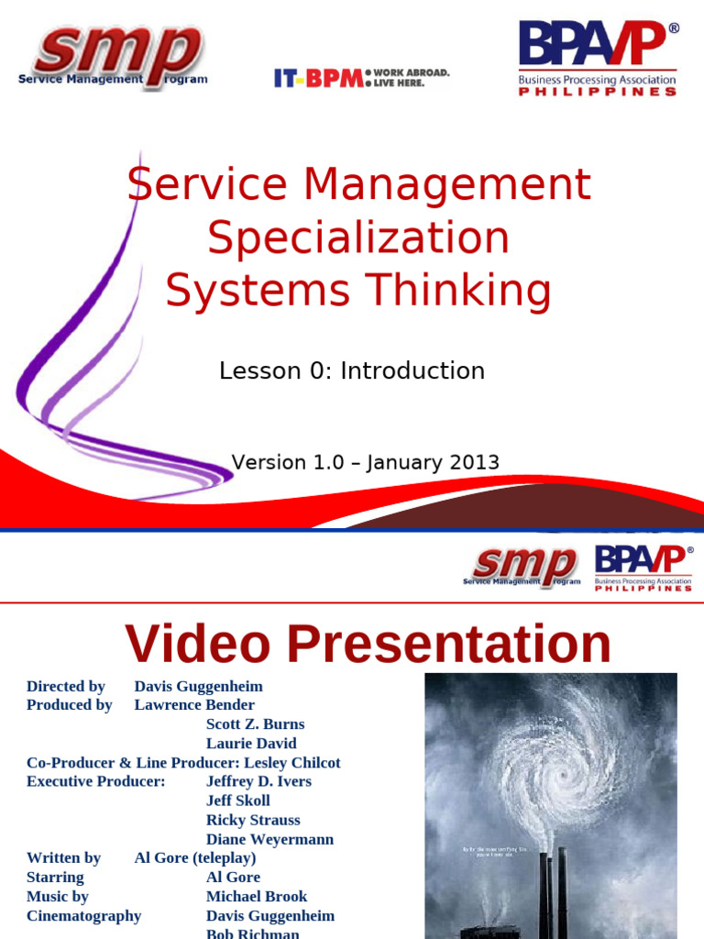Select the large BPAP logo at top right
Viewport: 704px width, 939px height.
click(x=598, y=58)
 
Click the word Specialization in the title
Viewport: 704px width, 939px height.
click(x=358, y=238)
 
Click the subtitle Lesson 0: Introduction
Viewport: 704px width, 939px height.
click(x=352, y=370)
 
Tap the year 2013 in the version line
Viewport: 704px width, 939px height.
click(x=473, y=462)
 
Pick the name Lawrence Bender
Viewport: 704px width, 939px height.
click(x=194, y=704)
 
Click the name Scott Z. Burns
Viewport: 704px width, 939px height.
click(x=255, y=724)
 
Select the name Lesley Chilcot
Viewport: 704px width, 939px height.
click(x=291, y=762)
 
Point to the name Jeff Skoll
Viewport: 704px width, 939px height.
click(x=238, y=801)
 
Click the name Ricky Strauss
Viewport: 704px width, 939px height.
click(x=253, y=820)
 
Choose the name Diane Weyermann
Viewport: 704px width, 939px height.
click(x=269, y=839)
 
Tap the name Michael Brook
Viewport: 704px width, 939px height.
click(x=257, y=896)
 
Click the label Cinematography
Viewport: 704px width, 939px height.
click(x=83, y=915)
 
